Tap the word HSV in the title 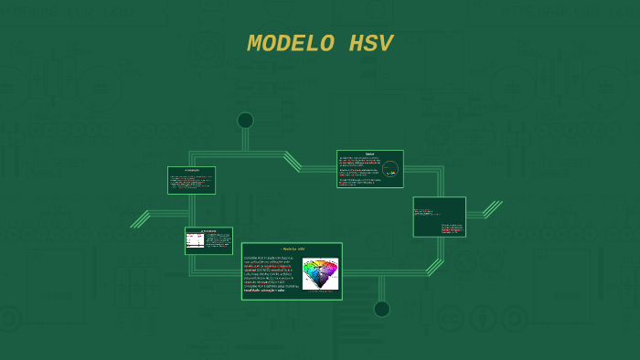(x=370, y=44)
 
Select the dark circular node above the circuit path (x=245, y=121)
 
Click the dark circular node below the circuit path (x=381, y=309)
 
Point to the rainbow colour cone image (x=320, y=272)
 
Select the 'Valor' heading (x=369, y=154)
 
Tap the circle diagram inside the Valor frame (x=390, y=169)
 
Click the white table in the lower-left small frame (x=195, y=240)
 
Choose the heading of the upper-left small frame (x=191, y=170)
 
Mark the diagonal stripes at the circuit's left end (x=140, y=219)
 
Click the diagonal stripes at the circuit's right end (x=493, y=209)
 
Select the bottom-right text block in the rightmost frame (x=452, y=228)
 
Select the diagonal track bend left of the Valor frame (x=293, y=161)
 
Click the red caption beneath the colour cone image (x=320, y=291)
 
